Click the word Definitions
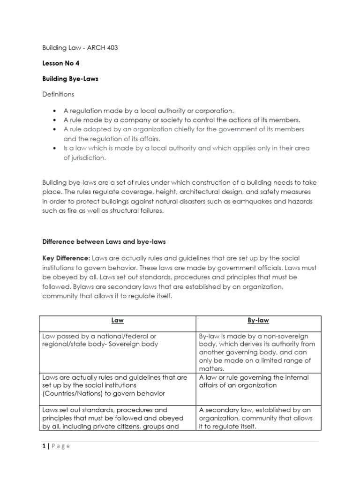click(x=58, y=94)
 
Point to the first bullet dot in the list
click(x=55, y=111)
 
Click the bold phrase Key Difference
click(x=66, y=258)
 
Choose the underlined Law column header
click(x=117, y=321)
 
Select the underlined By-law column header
click(x=258, y=321)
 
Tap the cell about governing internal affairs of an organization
click(x=254, y=381)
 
